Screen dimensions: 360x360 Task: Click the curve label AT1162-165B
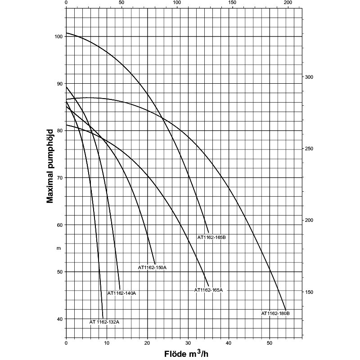[x=211, y=237]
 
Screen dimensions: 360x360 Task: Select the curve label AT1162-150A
[x=152, y=268]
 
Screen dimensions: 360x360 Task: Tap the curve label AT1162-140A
[x=121, y=293]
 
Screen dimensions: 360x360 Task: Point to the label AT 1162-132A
[x=104, y=322]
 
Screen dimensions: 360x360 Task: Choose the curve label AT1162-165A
[x=208, y=290]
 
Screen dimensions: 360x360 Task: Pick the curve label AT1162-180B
[x=275, y=313]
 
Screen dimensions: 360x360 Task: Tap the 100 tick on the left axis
[x=57, y=36]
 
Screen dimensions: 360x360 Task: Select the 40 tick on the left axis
[x=59, y=319]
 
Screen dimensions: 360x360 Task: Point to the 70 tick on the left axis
[x=59, y=178]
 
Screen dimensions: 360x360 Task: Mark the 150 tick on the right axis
[x=309, y=292]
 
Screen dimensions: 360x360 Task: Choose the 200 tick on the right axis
[x=309, y=220]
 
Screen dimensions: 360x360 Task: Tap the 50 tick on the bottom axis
[x=270, y=344]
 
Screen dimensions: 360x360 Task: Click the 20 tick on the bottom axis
[x=148, y=344]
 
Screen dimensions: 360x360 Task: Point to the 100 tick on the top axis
[x=177, y=3]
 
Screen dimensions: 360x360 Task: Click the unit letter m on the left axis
[x=58, y=248]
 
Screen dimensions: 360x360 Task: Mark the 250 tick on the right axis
[x=309, y=149]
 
